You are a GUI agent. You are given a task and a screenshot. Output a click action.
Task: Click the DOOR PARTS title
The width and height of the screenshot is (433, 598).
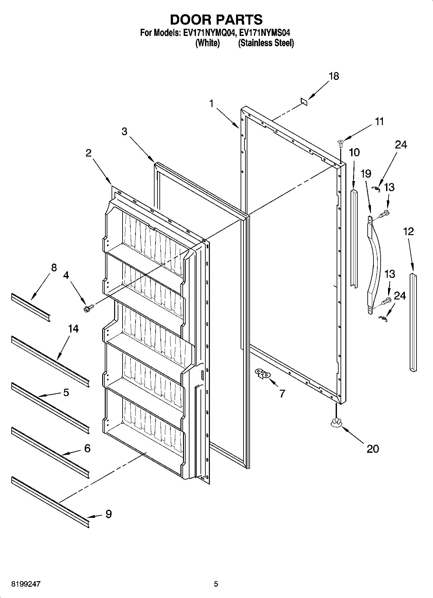(216, 20)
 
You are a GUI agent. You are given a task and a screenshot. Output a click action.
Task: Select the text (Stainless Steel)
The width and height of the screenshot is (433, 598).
(266, 43)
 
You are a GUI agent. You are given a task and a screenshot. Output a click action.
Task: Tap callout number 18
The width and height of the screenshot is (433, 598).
(334, 76)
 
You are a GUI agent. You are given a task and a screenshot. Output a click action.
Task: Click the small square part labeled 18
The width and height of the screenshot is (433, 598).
(304, 102)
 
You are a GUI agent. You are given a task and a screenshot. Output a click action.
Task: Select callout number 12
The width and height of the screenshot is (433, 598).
(408, 231)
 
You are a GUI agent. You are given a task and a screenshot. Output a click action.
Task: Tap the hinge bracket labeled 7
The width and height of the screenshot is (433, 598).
(263, 373)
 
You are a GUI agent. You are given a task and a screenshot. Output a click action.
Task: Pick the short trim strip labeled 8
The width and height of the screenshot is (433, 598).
(31, 308)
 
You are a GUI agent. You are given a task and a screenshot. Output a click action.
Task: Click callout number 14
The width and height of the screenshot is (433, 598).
(73, 329)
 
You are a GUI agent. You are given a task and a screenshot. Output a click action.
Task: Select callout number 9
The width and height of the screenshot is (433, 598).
(109, 514)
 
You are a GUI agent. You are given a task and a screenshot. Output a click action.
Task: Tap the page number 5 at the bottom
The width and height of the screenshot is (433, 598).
(216, 584)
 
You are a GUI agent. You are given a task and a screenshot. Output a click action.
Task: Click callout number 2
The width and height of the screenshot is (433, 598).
(89, 153)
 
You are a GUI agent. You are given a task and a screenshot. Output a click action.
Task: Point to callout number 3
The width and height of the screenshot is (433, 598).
(124, 131)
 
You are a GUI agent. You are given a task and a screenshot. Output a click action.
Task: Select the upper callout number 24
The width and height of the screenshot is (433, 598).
(401, 145)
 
